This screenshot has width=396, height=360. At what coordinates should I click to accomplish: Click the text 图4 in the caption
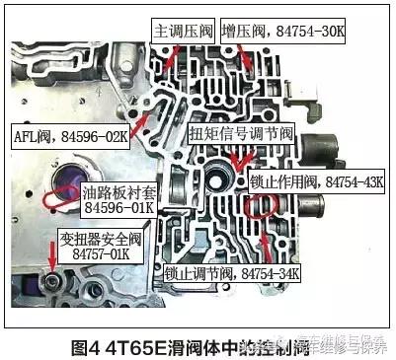88,347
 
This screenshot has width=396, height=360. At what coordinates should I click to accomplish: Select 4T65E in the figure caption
131,347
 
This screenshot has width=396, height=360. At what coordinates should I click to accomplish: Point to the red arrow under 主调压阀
171,55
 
